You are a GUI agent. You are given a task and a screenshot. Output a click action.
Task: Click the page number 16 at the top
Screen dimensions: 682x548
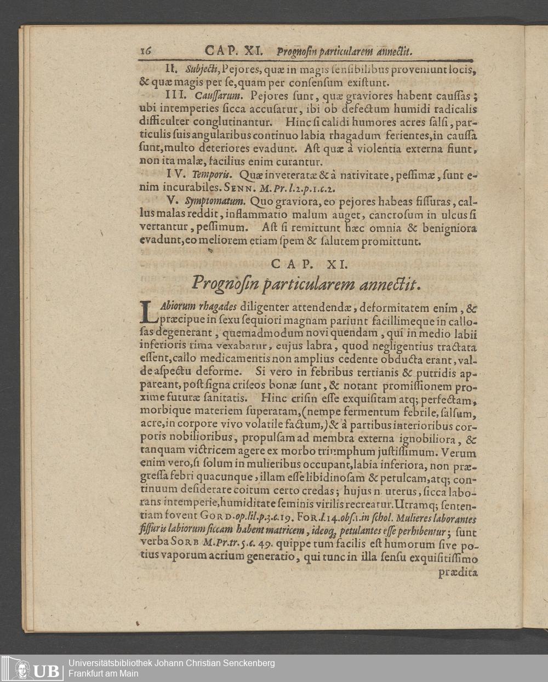[146, 51]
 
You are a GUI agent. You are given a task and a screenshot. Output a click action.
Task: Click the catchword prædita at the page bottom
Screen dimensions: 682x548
[458, 574]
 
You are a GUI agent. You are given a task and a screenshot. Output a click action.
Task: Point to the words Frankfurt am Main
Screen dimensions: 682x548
[104, 673]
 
